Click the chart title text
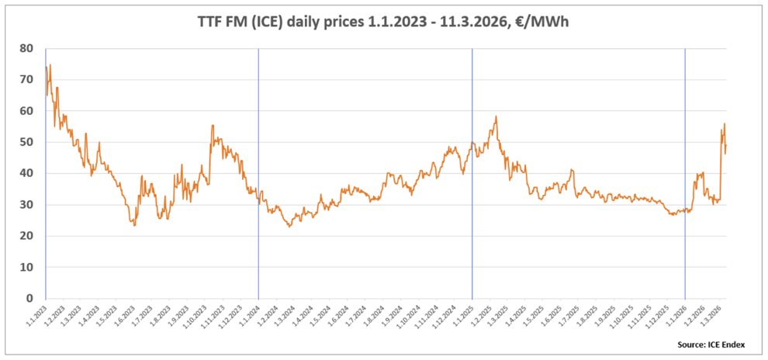pos(384,22)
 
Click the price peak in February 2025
pos(496,117)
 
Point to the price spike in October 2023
pos(213,125)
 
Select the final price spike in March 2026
pos(725,124)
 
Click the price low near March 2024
pos(289,226)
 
